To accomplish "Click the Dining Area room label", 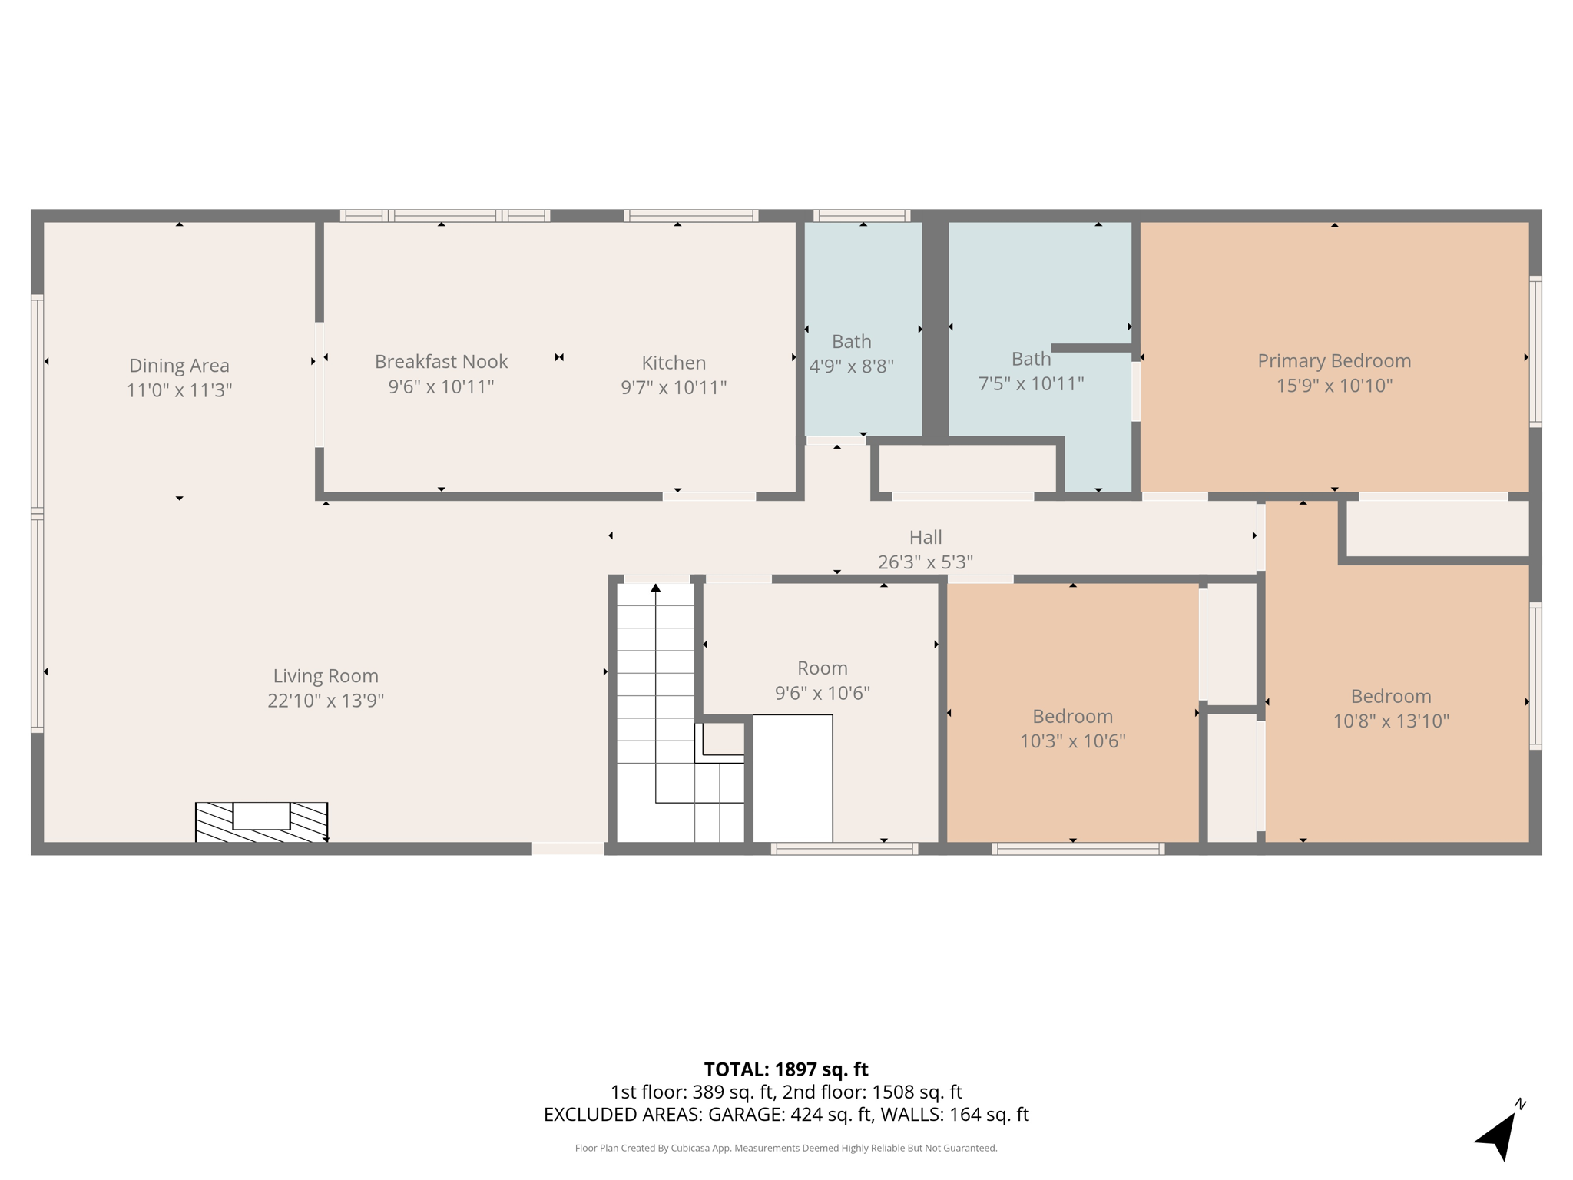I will [179, 366].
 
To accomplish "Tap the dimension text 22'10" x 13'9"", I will [326, 701].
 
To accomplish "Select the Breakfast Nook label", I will [441, 362].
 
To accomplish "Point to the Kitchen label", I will [674, 363].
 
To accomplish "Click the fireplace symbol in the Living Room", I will [261, 822].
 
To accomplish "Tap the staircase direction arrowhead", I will [655, 588].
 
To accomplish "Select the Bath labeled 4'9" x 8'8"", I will [851, 342].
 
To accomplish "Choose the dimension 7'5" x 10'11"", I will [1031, 383].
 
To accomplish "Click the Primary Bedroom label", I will [1334, 361].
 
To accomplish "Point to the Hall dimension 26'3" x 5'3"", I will [925, 562].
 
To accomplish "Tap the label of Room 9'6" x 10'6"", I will [822, 668].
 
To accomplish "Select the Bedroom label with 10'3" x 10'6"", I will [1072, 717].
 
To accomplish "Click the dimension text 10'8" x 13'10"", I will [1390, 721].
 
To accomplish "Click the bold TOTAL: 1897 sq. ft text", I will [786, 1069].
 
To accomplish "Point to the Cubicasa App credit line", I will [786, 1149].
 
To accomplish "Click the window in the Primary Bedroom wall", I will [1535, 352].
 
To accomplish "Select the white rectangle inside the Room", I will [792, 778].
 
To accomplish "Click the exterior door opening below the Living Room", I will [568, 848].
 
